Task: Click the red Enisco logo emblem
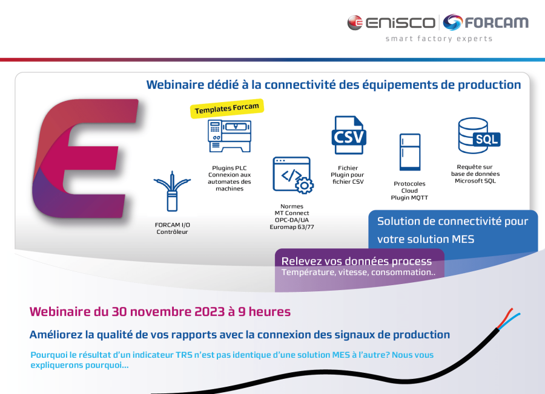(355, 23)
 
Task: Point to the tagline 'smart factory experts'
(439, 39)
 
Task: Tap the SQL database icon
(478, 136)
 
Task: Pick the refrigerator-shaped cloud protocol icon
(409, 152)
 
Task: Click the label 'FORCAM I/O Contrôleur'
(172, 228)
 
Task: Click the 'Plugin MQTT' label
(409, 198)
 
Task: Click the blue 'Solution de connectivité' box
(453, 230)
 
